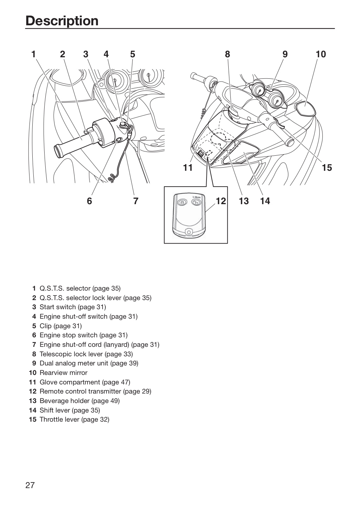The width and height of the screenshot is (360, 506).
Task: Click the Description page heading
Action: click(62, 21)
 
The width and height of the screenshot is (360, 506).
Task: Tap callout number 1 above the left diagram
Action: click(34, 54)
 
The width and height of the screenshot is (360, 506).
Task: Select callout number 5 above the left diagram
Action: click(132, 54)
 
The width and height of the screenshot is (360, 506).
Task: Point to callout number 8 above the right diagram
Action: click(228, 54)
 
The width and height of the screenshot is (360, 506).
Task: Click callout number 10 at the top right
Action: click(321, 54)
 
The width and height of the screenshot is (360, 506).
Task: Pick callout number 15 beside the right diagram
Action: click(327, 168)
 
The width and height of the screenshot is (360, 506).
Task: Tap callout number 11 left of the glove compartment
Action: click(188, 168)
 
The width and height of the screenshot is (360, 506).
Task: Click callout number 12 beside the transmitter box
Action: click(221, 201)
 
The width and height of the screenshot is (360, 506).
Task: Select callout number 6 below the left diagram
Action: click(90, 201)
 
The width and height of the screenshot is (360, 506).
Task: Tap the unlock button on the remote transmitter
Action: click(196, 202)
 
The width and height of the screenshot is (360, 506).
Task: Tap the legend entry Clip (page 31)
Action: click(61, 326)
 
